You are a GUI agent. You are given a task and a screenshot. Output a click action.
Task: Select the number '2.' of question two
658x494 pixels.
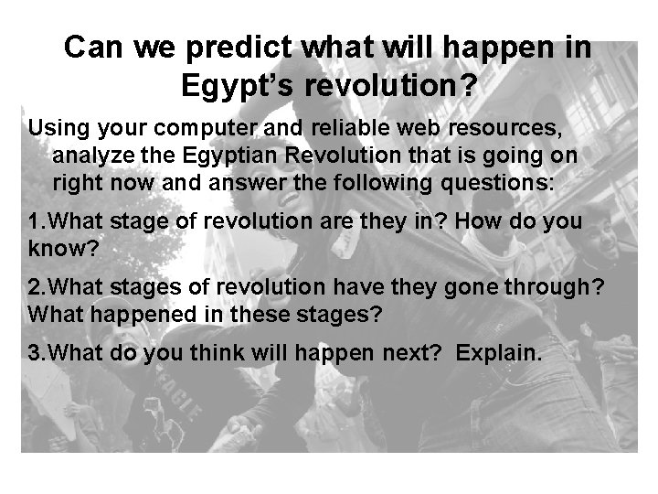[x=37, y=289]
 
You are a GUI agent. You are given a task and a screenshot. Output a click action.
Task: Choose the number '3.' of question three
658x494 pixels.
[x=37, y=353]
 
